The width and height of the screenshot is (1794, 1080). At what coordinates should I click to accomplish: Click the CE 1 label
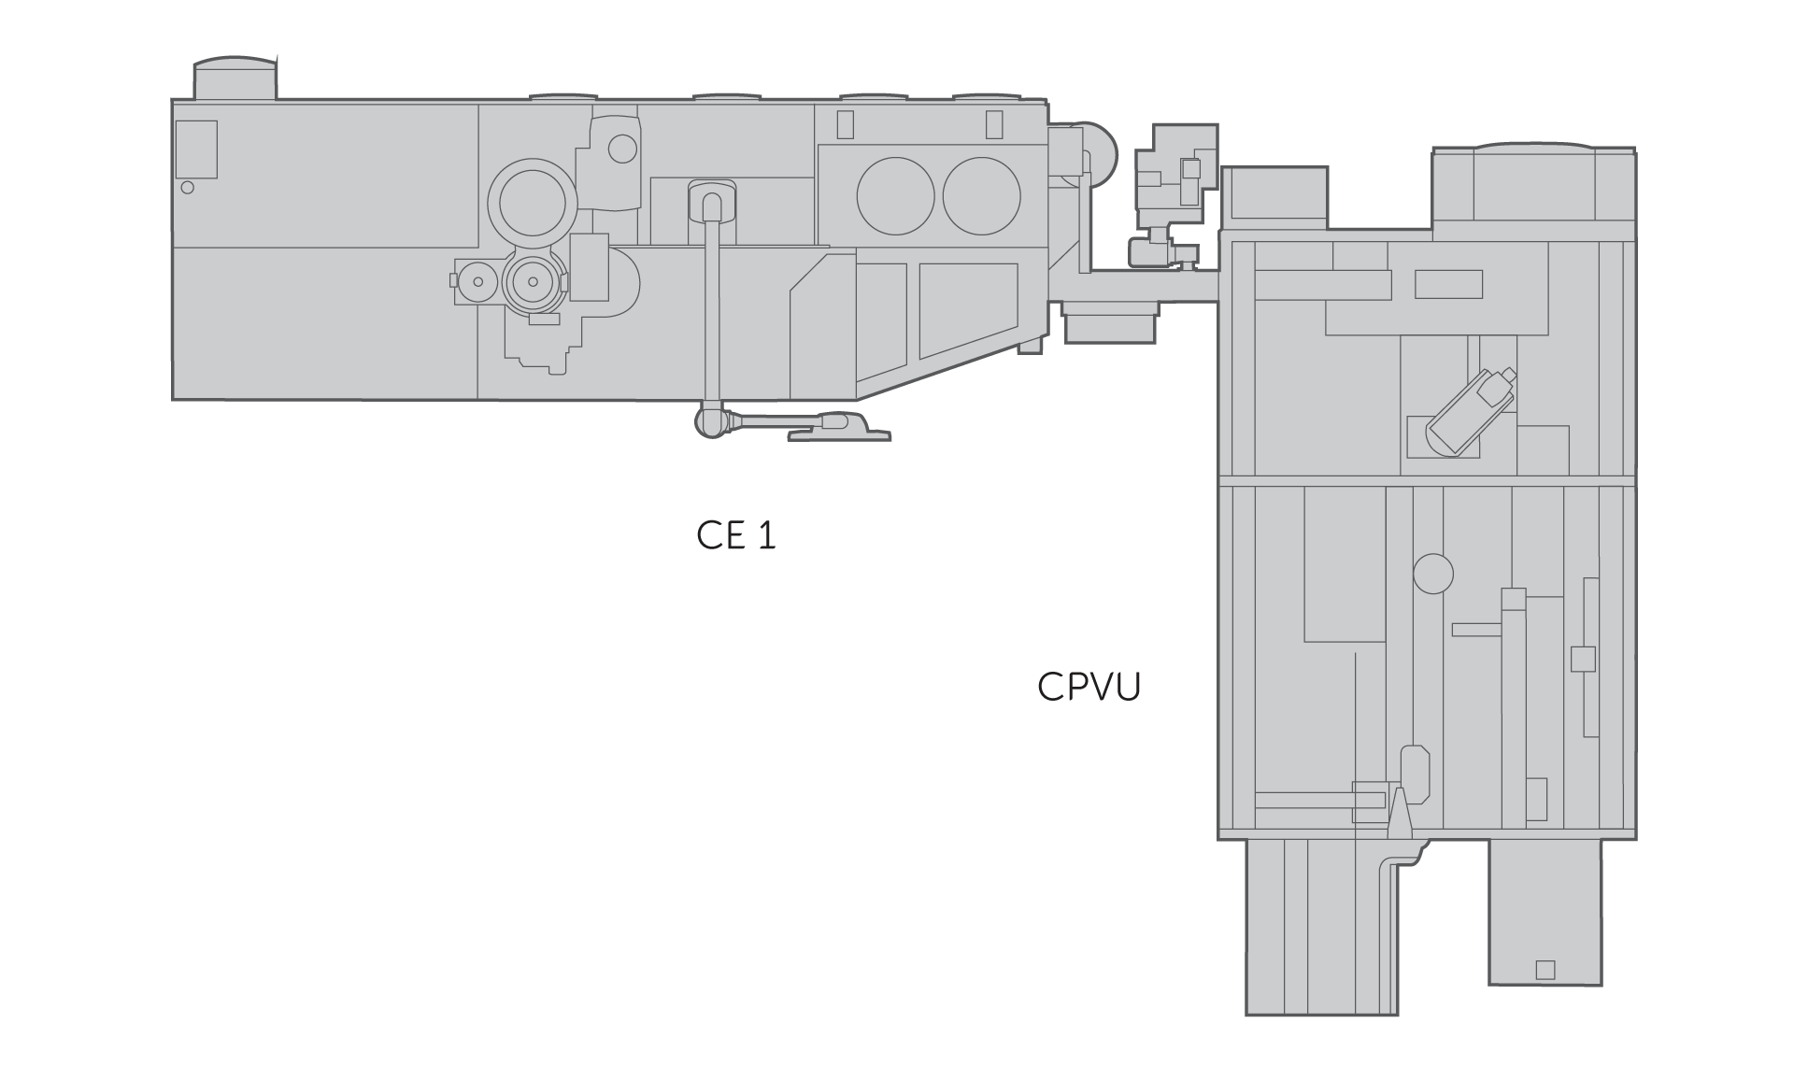pyautogui.click(x=736, y=535)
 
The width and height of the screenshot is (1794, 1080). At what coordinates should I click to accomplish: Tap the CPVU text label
pyautogui.click(x=1089, y=687)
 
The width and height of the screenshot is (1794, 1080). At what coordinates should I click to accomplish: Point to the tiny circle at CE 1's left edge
pyautogui.click(x=187, y=188)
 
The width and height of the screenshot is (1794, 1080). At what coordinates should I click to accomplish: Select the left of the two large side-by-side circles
pyautogui.click(x=895, y=196)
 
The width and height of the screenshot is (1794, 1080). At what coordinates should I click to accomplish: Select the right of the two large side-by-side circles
pyautogui.click(x=981, y=196)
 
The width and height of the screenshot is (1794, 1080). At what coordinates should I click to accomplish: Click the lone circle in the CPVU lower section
pyautogui.click(x=1433, y=574)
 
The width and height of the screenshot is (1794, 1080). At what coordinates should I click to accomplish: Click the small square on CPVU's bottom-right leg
pyautogui.click(x=1545, y=970)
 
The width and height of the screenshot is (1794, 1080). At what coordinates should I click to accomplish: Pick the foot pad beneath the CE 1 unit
pyautogui.click(x=839, y=428)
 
